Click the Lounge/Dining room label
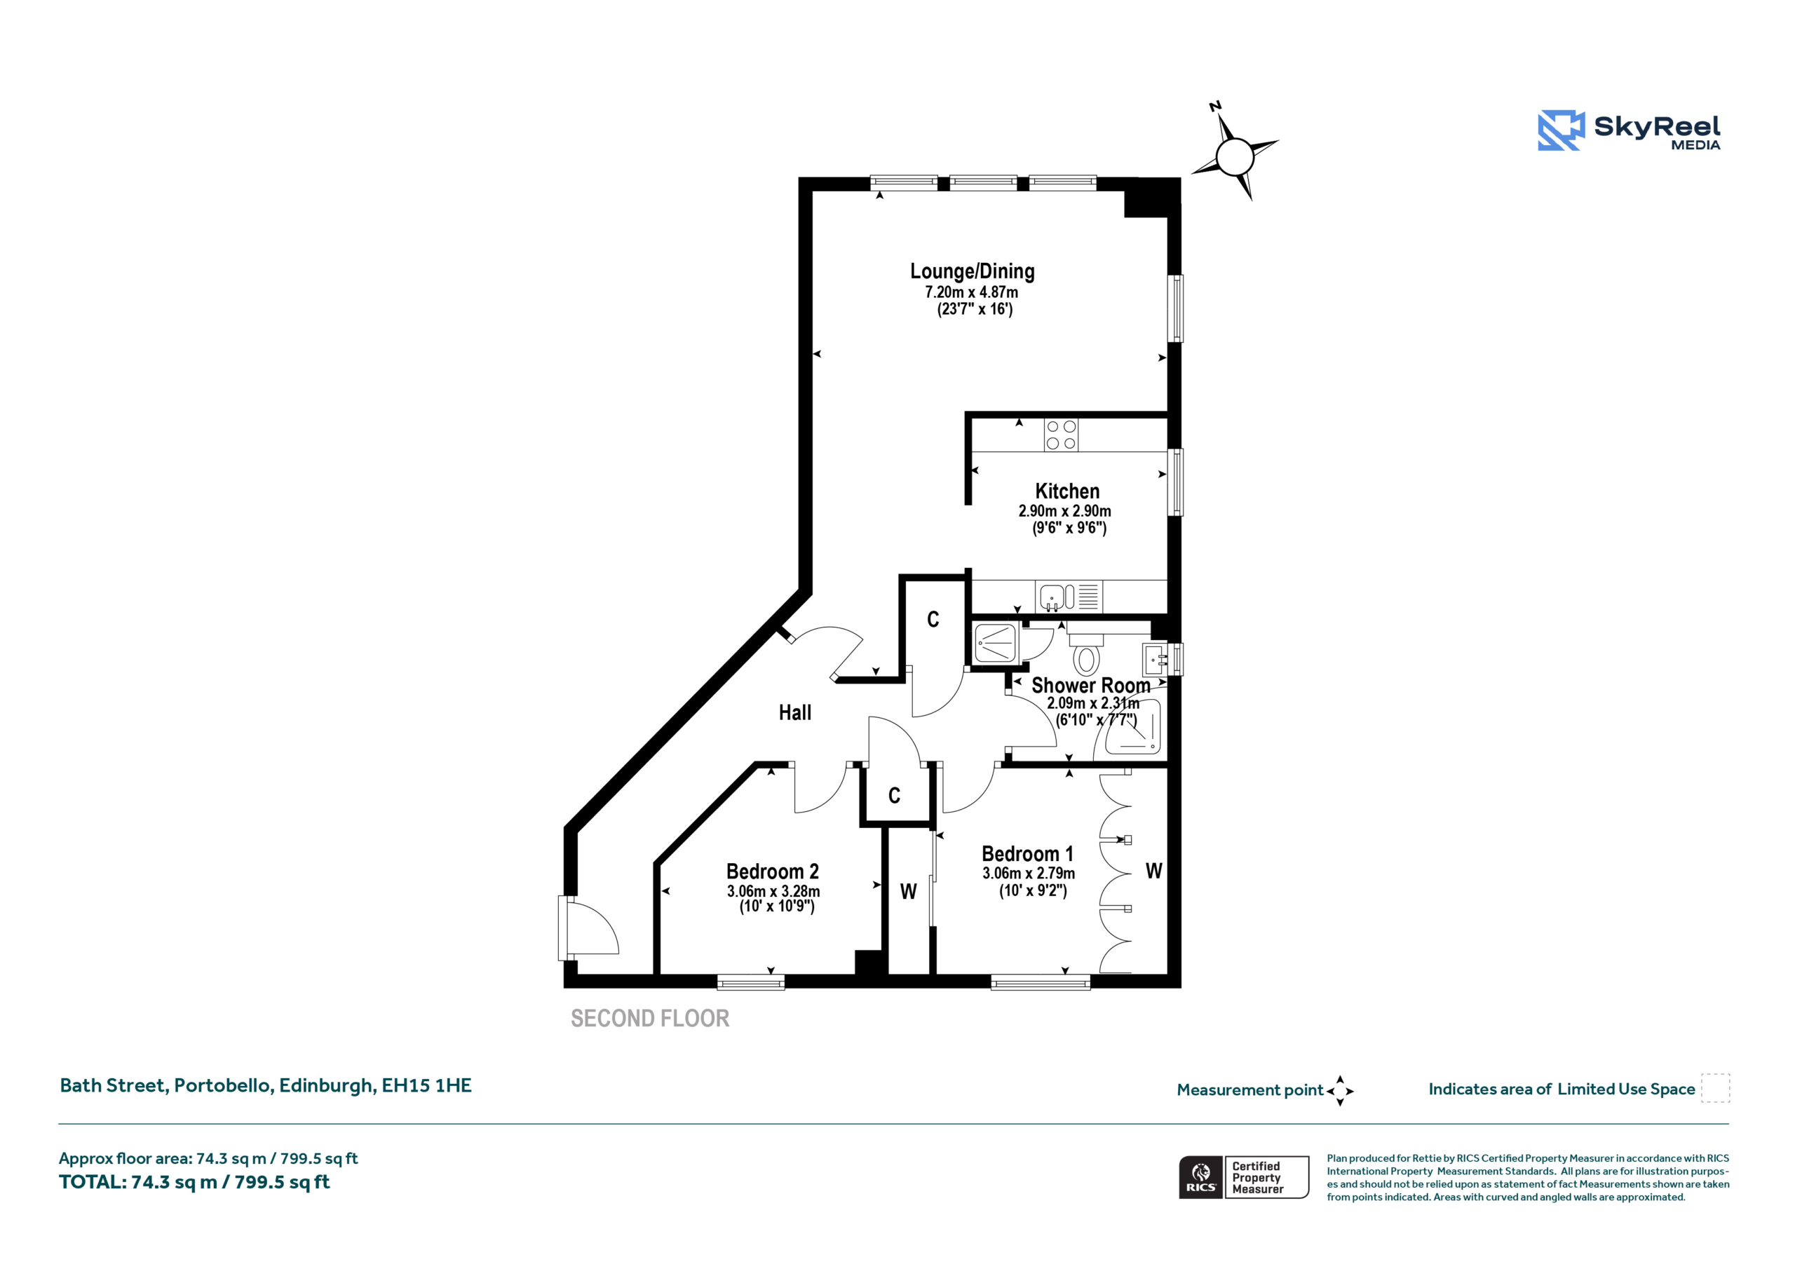pos(972,271)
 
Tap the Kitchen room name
pos(1067,491)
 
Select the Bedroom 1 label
pos(1027,854)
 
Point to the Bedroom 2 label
pos(773,871)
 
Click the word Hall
pos(795,712)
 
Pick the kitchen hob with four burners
pos(1061,435)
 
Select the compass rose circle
pos(1235,157)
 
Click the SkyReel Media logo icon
pos(1561,130)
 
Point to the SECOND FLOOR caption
pos(650,1018)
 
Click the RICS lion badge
pos(1201,1176)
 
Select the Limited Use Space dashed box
pos(1715,1087)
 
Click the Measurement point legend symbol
pos(1340,1091)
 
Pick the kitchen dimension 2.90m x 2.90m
pos(1065,510)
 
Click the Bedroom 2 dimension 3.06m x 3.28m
pos(773,891)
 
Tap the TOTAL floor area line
pos(195,1181)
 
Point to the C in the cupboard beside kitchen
pos(933,619)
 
